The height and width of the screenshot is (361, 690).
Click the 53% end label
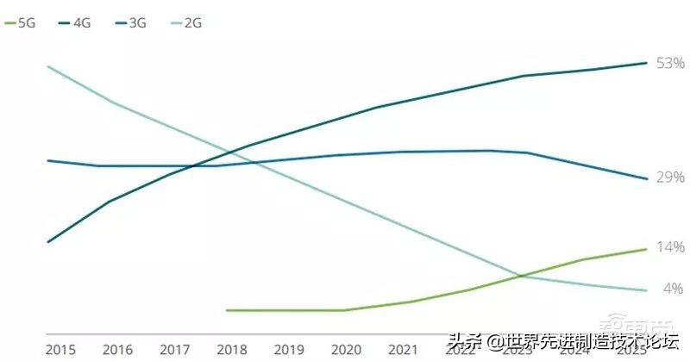pos(669,64)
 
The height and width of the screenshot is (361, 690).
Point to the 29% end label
pos(669,177)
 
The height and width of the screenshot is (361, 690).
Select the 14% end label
pos(669,247)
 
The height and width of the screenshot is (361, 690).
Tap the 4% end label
pos(673,288)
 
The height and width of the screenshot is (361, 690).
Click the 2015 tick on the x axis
pos(60,350)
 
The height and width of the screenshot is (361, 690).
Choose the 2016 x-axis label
pos(117,350)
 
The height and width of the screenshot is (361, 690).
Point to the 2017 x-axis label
pos(175,350)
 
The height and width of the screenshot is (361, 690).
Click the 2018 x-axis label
pos(230,350)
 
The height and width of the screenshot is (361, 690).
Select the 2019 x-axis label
pos(288,350)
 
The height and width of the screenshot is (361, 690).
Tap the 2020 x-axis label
pos(345,350)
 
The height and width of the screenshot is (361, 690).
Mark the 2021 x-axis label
pos(401,350)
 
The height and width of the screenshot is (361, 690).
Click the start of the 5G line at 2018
pos(226,310)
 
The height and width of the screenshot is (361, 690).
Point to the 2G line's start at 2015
pos(47,66)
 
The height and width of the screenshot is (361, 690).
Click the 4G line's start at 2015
pos(47,242)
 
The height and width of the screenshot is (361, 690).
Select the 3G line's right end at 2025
pos(646,179)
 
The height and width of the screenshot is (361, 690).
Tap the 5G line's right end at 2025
pos(646,249)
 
